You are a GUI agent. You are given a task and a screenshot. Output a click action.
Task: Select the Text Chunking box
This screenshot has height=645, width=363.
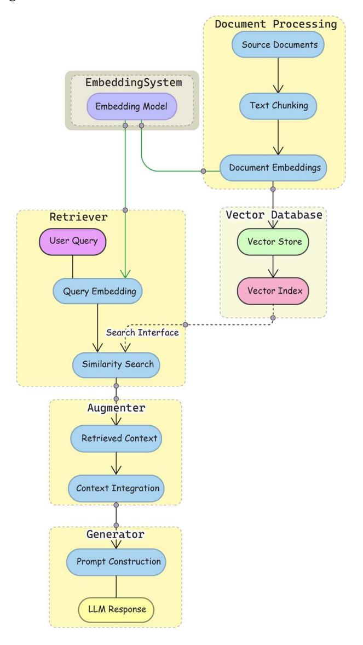point(279,106)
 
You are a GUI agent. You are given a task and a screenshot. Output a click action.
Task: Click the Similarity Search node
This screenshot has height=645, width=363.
point(116,364)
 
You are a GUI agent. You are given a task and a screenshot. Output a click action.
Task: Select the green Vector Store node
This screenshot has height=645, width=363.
point(273,241)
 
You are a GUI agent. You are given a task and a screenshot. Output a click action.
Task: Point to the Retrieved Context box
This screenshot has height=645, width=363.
point(116,438)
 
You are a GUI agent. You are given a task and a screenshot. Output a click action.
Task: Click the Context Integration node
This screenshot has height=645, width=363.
point(116,487)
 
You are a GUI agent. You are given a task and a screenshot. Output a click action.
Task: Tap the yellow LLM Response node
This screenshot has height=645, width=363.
point(116,609)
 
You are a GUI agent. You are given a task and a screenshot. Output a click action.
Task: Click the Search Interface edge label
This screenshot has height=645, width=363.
point(142,333)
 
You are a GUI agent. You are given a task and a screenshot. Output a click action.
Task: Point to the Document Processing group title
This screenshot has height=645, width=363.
point(275,24)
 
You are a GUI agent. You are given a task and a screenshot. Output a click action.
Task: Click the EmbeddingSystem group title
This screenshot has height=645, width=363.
point(133,83)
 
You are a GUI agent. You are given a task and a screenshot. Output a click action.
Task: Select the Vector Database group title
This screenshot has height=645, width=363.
point(273,215)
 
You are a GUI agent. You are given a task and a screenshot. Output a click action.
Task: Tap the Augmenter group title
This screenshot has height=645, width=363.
point(116,408)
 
